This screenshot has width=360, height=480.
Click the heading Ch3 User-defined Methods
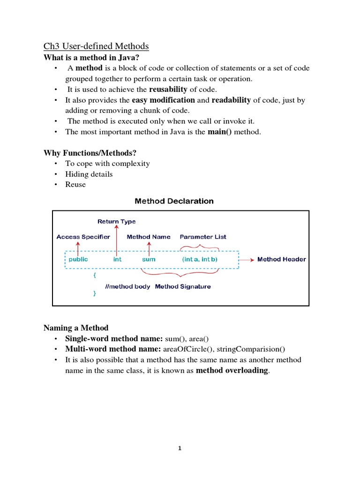tap(96, 46)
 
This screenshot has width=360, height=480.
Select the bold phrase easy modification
tap(163, 100)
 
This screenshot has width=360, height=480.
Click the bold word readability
tap(231, 100)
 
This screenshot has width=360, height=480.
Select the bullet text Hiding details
tap(89, 174)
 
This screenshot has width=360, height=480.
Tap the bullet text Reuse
tap(75, 184)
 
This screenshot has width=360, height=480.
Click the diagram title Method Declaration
tap(174, 201)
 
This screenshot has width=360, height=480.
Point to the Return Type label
tap(116, 221)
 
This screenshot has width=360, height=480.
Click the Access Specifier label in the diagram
tap(83, 237)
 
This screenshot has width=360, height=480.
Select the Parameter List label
tap(203, 237)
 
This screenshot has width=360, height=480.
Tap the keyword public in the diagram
tap(78, 259)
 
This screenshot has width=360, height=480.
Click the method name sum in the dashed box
tap(149, 259)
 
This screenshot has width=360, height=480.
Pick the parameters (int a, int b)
tap(199, 259)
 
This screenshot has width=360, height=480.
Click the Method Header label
tap(281, 259)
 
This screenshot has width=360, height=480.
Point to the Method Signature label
tap(183, 286)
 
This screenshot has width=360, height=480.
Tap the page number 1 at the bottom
tap(180, 449)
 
